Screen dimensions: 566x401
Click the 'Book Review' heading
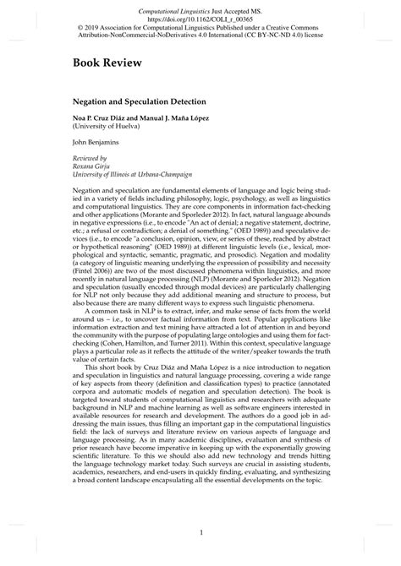[106, 63]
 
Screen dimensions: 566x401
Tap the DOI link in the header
[200, 16]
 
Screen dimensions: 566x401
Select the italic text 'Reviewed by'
[91, 158]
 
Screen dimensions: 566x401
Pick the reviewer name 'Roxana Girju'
[93, 166]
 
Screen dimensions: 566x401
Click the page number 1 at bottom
[200, 532]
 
